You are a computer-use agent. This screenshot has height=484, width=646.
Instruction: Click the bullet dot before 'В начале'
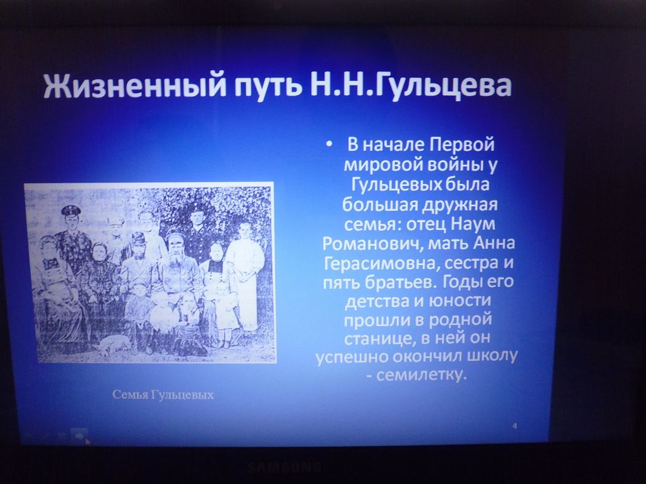pos(329,145)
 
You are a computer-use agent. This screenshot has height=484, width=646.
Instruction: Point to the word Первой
pos(463,145)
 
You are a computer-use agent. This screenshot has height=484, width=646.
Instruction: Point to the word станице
pos(375,338)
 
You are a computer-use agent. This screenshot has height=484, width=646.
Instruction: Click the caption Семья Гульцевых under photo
pos(163,394)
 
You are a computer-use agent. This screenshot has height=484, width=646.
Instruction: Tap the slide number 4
pos(515,426)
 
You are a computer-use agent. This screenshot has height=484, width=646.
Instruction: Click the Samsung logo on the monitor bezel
pos(285,467)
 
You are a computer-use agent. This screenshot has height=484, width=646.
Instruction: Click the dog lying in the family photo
pos(112,344)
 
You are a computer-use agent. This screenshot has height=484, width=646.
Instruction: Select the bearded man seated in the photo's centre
pos(175,267)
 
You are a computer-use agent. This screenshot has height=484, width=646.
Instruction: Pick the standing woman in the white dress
pos(245,276)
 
